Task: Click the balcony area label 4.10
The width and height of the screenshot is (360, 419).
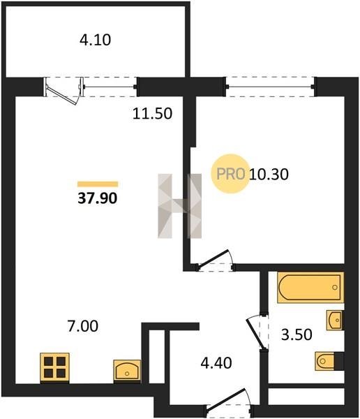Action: pyautogui.click(x=95, y=40)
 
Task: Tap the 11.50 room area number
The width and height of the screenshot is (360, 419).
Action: pyautogui.click(x=152, y=113)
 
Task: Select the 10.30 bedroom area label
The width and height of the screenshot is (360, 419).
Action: pyautogui.click(x=269, y=174)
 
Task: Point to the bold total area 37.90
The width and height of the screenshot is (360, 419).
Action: pyautogui.click(x=98, y=198)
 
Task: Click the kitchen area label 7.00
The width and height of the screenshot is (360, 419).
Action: pyautogui.click(x=83, y=326)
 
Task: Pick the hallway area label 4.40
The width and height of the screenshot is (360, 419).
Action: pyautogui.click(x=216, y=363)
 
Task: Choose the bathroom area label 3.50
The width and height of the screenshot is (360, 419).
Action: pyautogui.click(x=297, y=335)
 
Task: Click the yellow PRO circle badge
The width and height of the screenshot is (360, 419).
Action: pyautogui.click(x=230, y=174)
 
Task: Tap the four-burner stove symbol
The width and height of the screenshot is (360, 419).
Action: pyautogui.click(x=54, y=367)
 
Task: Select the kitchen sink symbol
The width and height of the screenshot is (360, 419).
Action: pyautogui.click(x=127, y=370)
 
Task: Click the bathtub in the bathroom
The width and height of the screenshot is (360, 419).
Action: pyautogui.click(x=310, y=287)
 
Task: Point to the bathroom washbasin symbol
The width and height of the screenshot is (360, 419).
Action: pyautogui.click(x=335, y=320)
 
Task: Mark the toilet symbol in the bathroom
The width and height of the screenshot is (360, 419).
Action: pyautogui.click(x=329, y=361)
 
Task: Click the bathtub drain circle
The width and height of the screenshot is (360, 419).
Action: pyautogui.click(x=335, y=288)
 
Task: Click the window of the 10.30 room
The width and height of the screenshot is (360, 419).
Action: pyautogui.click(x=270, y=87)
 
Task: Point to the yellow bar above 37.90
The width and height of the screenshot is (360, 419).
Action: pyautogui.click(x=98, y=184)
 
